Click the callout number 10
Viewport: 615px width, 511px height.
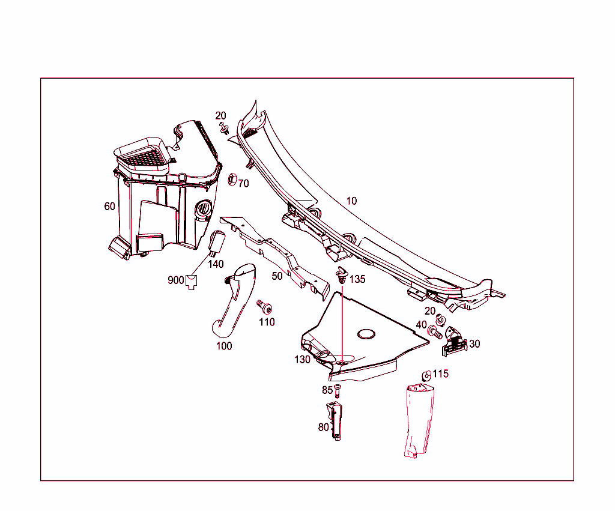[x=351, y=201]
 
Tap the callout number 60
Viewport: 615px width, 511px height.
[x=109, y=207]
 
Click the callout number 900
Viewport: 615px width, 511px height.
[x=175, y=280]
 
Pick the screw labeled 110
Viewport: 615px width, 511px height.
[x=264, y=307]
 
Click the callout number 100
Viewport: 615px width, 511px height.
[x=224, y=346]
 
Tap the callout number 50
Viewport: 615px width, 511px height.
[x=277, y=276]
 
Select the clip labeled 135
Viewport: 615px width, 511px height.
[x=342, y=274]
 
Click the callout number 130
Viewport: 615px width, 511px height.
[x=302, y=360]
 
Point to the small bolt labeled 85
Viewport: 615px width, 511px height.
[x=338, y=390]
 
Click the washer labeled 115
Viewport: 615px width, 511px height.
[x=426, y=375]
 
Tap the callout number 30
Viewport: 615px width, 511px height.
[x=474, y=344]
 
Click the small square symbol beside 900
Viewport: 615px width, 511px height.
[x=192, y=281]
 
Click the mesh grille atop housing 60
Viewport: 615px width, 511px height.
[x=145, y=157]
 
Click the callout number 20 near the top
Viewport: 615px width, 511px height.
[x=221, y=116]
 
